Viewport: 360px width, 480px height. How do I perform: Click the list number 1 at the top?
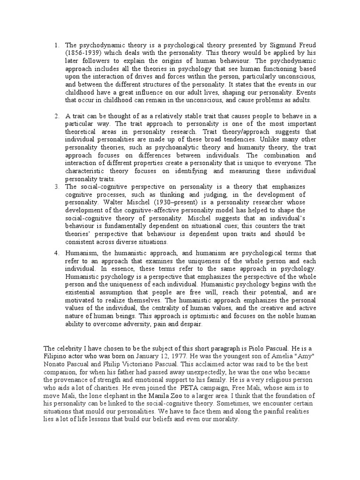point(56,45)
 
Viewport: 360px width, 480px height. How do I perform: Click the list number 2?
point(56,116)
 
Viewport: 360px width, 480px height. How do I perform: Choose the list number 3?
point(56,187)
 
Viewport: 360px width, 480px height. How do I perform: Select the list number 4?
point(56,253)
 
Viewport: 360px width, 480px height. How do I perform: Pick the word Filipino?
point(56,356)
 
